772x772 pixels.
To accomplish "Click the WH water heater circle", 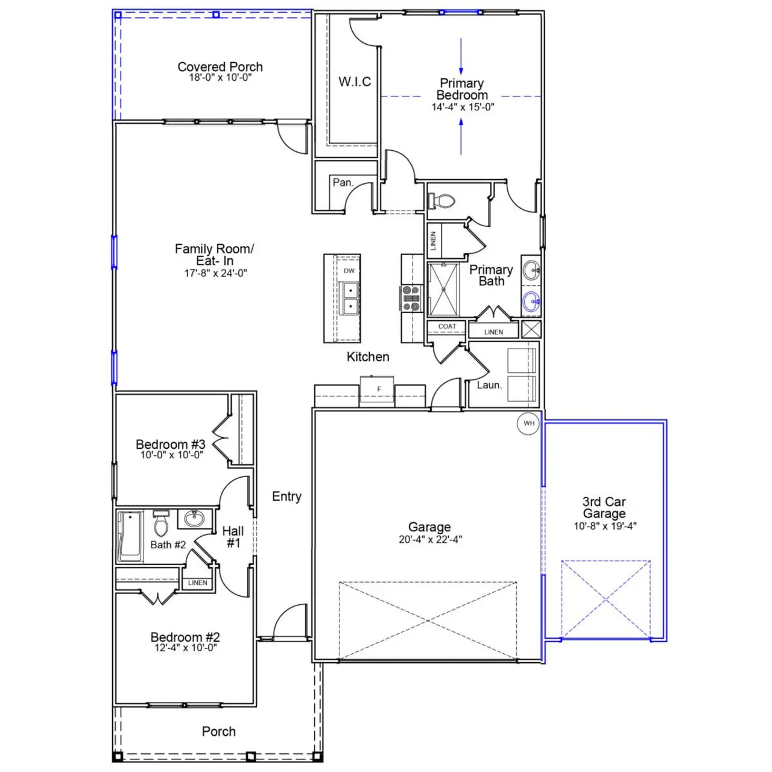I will [x=529, y=423].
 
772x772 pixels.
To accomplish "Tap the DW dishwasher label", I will [x=349, y=271].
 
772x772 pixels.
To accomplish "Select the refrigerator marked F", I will [x=378, y=389].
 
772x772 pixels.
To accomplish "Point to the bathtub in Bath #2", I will [x=130, y=536].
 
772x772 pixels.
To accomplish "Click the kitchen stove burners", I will [x=411, y=299].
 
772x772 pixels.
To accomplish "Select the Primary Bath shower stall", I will [x=443, y=289].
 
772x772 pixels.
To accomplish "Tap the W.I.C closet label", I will [x=355, y=82].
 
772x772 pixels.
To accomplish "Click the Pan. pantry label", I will [x=343, y=182].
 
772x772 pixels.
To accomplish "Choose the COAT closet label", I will [x=447, y=326].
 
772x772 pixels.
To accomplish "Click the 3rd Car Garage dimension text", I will [x=604, y=526].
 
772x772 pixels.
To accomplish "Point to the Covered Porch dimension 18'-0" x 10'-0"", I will [x=220, y=78].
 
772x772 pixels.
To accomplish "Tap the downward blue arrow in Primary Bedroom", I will [x=461, y=57].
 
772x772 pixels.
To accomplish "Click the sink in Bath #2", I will [x=194, y=519].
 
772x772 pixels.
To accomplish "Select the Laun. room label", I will [x=489, y=385].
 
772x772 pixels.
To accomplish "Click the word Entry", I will [x=286, y=496].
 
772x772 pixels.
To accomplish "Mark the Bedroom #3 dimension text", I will [x=171, y=455].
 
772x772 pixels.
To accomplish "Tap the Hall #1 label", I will [x=233, y=537].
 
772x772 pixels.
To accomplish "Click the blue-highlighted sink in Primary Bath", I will [x=531, y=300].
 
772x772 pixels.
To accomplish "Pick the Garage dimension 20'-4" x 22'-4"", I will [x=429, y=539].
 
